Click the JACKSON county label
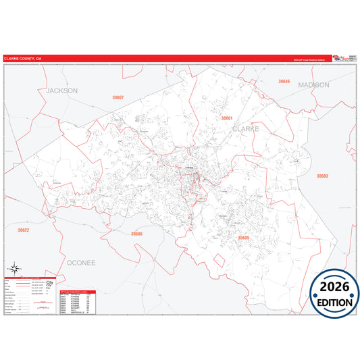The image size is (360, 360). (x=62, y=90)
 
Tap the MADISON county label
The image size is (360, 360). (x=313, y=85)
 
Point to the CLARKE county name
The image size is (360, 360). (x=246, y=128)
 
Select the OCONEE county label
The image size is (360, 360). (x=83, y=261)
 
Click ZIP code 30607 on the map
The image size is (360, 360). (x=118, y=98)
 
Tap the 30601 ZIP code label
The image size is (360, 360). (x=227, y=118)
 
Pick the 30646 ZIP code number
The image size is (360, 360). (x=284, y=81)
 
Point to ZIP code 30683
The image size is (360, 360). (x=322, y=176)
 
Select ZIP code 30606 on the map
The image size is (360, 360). (x=137, y=234)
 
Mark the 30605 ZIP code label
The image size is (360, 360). (x=244, y=238)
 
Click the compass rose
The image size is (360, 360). (x=16, y=268)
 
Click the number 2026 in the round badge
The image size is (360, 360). (x=335, y=287)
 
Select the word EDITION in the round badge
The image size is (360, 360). (x=335, y=303)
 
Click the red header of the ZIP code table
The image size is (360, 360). (x=78, y=292)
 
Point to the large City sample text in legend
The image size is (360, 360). (x=49, y=283)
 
